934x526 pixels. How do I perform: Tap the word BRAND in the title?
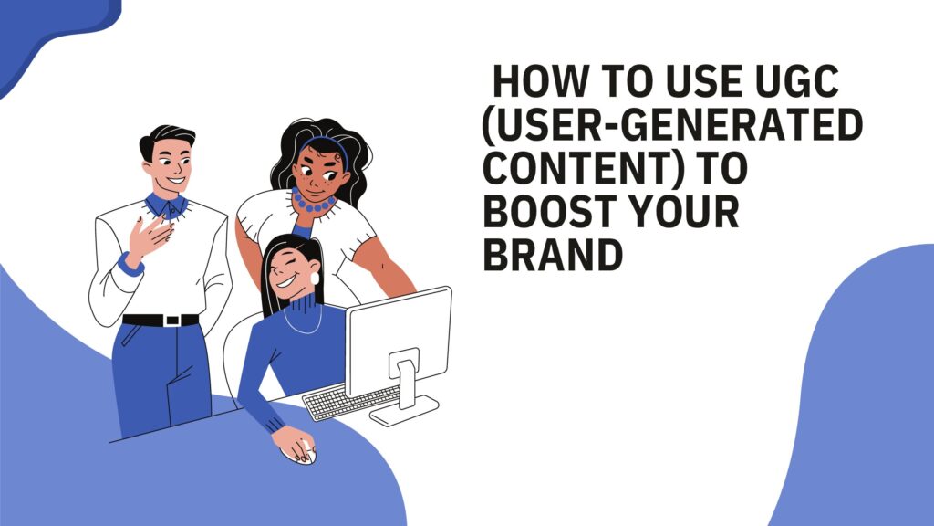point(553,255)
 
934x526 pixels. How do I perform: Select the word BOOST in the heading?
point(549,211)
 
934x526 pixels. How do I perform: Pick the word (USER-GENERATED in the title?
point(672,124)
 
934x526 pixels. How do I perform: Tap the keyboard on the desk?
point(351,402)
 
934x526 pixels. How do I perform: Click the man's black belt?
point(161,321)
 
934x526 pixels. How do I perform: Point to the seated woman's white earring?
point(315,279)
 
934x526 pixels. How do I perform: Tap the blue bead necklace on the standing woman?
point(312,203)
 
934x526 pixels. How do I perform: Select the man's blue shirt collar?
point(167,205)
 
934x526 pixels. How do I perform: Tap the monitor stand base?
point(404,411)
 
